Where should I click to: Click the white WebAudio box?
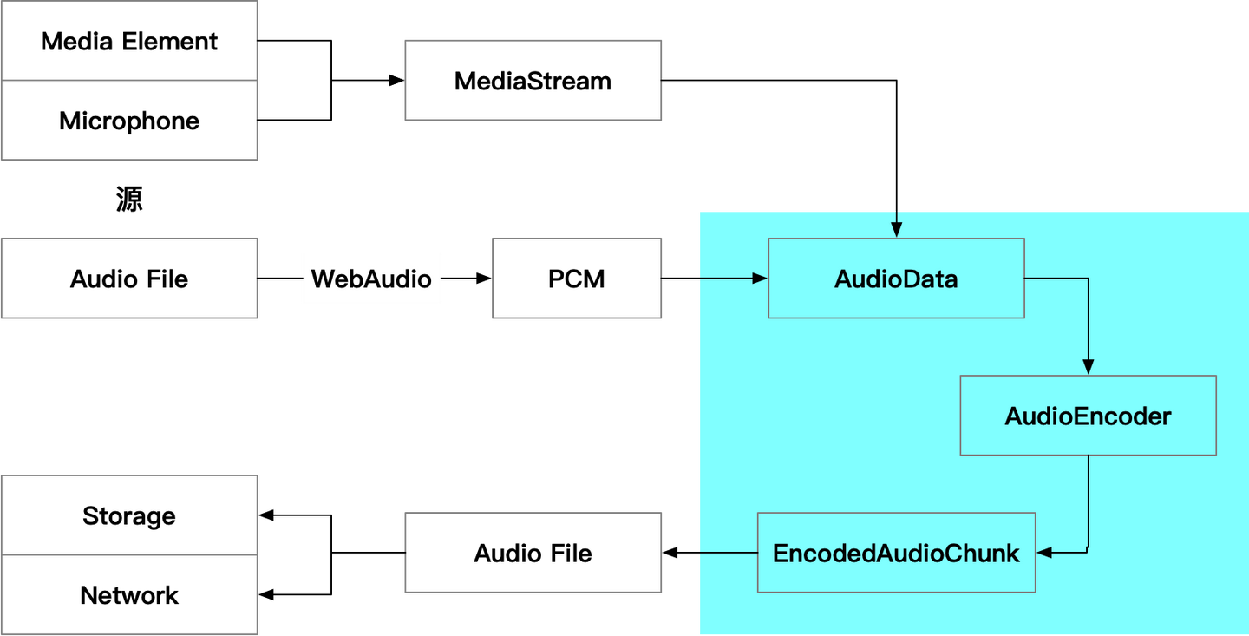point(371,279)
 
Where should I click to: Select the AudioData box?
point(896,279)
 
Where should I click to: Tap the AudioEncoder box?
point(1088,416)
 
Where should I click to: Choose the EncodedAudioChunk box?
point(896,553)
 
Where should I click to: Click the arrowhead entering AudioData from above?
point(896,230)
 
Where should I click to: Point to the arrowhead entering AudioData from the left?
point(760,279)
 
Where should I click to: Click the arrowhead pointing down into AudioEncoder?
point(1089,367)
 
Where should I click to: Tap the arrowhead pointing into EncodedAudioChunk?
point(1044,552)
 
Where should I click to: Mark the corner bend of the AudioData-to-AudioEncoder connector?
point(1089,279)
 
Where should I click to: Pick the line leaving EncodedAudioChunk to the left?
point(729,553)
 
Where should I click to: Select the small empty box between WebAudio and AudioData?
point(577,279)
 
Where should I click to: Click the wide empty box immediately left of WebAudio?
point(130,279)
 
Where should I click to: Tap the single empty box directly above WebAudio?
point(533,80)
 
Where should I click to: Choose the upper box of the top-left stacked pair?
point(130,41)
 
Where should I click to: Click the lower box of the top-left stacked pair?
point(130,121)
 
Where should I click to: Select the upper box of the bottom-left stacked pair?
point(130,515)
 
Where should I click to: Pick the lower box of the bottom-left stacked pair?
point(130,594)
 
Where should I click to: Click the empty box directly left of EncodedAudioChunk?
point(533,553)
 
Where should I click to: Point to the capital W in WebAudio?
point(321,279)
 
